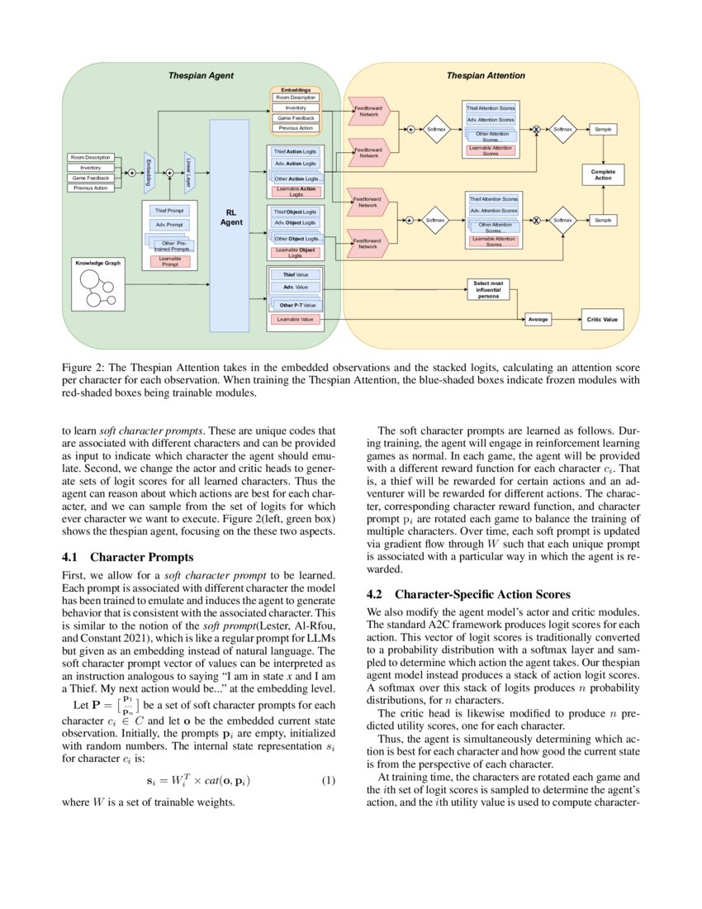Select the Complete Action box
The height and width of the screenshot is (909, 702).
pos(603,174)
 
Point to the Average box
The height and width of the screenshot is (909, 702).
pos(538,318)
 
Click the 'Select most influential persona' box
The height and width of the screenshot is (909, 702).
pos(488,289)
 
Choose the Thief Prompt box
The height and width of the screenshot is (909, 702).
pos(171,211)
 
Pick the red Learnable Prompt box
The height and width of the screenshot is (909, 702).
pos(171,261)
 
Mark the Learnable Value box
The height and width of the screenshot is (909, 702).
pos(294,318)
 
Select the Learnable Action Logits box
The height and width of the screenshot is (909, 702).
pos(295,191)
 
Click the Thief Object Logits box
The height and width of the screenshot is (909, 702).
pos(295,212)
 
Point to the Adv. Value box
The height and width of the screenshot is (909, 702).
pos(295,287)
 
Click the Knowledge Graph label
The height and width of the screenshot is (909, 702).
pos(97,263)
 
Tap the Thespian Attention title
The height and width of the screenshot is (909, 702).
pos(486,75)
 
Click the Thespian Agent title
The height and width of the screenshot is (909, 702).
pos(201,75)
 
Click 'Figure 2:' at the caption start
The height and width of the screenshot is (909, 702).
pos(84,364)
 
